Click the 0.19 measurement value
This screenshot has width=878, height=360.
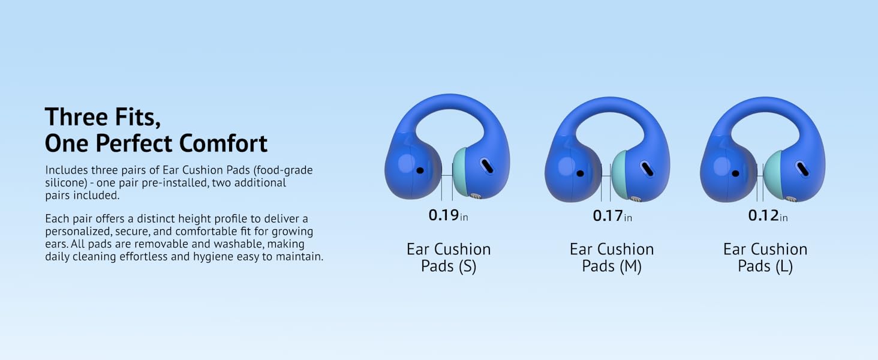tap(443, 215)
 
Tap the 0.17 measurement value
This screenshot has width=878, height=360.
tap(608, 215)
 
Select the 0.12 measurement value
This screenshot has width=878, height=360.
tap(763, 215)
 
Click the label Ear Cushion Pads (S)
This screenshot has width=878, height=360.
tap(449, 257)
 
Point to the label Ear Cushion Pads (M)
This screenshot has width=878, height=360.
tap(612, 257)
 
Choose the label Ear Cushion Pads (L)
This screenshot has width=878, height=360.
tap(765, 257)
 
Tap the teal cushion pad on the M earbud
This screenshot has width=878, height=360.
tap(620, 175)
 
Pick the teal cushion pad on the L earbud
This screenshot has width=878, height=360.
tap(773, 175)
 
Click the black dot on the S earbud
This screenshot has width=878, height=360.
tap(420, 170)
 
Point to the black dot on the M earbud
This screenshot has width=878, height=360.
tap(580, 173)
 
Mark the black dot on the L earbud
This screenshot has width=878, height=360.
tap(735, 173)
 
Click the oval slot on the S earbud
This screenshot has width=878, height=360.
tap(488, 166)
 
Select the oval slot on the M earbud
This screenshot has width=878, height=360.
tap(646, 168)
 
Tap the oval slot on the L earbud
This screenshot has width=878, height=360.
tap(801, 169)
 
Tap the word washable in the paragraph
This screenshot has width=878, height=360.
tap(241, 244)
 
